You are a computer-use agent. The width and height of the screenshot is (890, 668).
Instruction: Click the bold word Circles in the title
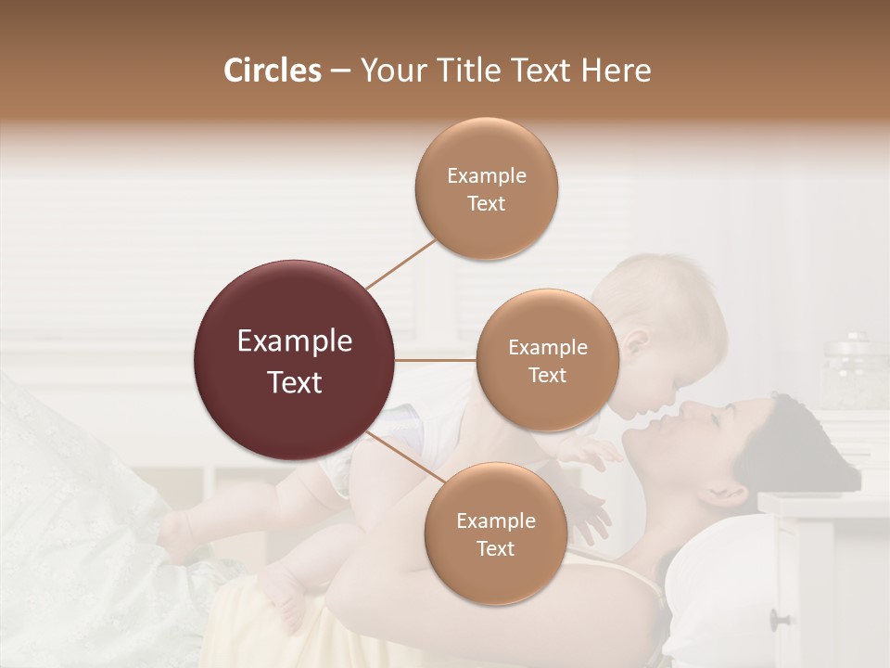pyautogui.click(x=272, y=71)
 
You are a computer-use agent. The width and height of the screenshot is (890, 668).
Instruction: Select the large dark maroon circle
pyautogui.click(x=295, y=360)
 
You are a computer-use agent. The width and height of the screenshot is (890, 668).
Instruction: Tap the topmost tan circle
pyautogui.click(x=486, y=188)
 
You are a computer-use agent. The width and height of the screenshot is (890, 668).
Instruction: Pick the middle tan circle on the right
pyautogui.click(x=547, y=360)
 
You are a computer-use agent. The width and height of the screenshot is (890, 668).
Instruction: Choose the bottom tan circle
pyautogui.click(x=495, y=533)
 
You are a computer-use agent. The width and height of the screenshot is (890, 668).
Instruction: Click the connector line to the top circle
pyautogui.click(x=400, y=263)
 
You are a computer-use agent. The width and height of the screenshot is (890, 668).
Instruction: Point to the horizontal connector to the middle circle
pyautogui.click(x=436, y=360)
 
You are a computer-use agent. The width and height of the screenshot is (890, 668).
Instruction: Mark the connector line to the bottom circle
pyautogui.click(x=404, y=457)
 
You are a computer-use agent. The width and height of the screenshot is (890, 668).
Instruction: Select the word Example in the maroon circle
pyautogui.click(x=295, y=341)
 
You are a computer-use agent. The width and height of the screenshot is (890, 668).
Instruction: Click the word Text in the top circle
pyautogui.click(x=486, y=204)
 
